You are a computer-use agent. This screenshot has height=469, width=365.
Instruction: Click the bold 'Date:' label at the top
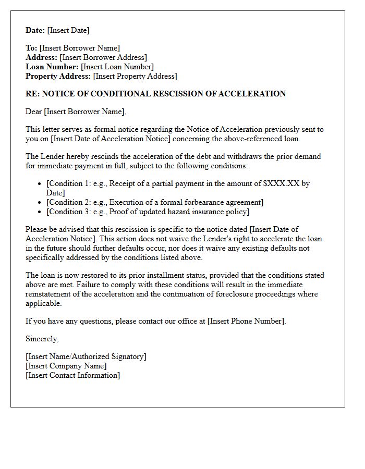tap(35, 30)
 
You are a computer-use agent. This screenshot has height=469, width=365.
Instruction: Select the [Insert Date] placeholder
tap(68, 30)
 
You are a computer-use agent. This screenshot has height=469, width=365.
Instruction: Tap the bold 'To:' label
tap(31, 48)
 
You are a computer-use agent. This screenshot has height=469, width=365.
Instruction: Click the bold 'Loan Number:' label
tap(52, 67)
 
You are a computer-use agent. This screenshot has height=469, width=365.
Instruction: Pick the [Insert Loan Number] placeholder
tap(117, 67)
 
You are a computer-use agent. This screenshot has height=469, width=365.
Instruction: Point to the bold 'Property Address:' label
tap(58, 76)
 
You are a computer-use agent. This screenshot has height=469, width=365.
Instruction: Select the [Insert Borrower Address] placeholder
tap(103, 57)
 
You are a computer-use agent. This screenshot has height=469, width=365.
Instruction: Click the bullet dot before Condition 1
tap(41, 184)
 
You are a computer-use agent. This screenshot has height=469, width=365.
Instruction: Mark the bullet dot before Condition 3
tap(41, 212)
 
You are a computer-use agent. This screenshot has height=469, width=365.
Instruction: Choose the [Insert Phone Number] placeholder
tap(246, 321)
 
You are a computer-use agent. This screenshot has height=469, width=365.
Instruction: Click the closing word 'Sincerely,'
tap(42, 339)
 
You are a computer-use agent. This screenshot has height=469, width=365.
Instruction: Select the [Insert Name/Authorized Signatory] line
tap(86, 356)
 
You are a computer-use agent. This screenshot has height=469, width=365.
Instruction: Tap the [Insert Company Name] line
tap(66, 366)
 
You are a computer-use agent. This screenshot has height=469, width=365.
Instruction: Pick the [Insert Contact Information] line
tap(72, 375)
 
